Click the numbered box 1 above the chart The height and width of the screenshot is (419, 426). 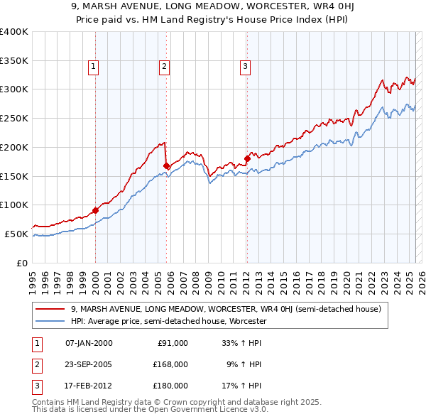point(94,67)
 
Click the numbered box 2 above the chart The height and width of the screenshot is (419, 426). point(164,67)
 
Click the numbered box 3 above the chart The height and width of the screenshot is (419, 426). point(245,67)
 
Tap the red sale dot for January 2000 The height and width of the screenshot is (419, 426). point(95,210)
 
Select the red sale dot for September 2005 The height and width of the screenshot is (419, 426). point(167,165)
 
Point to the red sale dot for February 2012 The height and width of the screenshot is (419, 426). point(247,158)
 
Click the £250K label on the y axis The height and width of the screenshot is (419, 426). point(14,119)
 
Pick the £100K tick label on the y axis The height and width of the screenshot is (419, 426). point(14,205)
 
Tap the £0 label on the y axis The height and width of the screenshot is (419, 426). point(22,263)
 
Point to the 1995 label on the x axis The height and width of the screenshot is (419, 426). point(33,281)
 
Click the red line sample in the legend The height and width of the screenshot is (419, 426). point(50,309)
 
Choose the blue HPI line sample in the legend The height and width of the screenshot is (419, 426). point(50,321)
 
